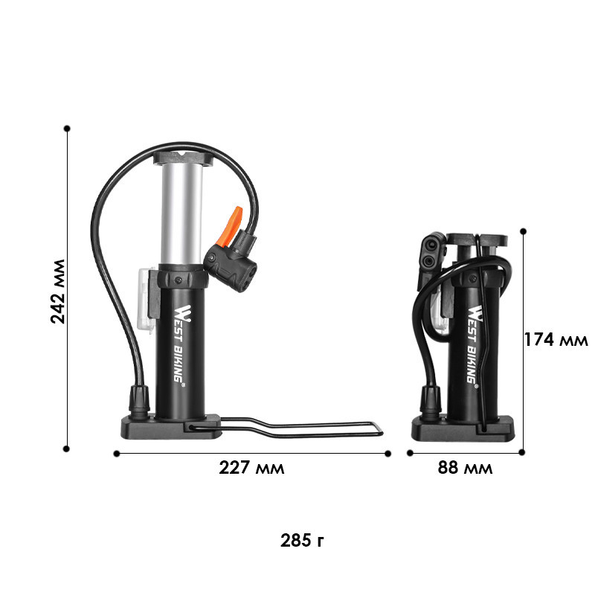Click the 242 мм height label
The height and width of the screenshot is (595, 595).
(x=58, y=292)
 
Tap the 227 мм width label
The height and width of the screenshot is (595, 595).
(x=251, y=468)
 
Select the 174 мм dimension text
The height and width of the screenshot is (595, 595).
(x=556, y=340)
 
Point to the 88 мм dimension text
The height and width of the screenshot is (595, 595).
(x=466, y=468)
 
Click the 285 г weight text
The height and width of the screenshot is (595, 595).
(x=302, y=541)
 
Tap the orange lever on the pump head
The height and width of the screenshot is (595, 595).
(x=229, y=226)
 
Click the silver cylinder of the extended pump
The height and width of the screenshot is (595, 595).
(x=181, y=213)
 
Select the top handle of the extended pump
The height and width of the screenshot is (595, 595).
(x=183, y=158)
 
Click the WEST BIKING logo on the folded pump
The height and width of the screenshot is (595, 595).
(x=473, y=344)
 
